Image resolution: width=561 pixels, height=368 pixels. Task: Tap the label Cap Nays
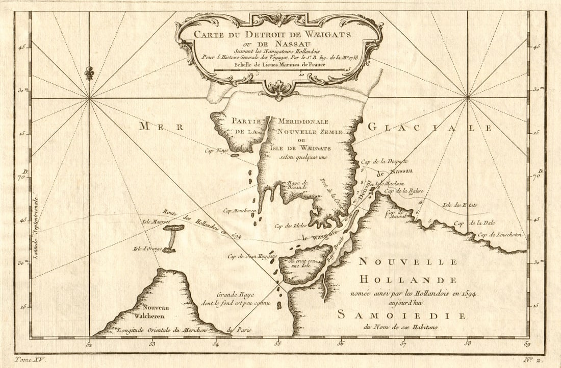[x=215, y=150]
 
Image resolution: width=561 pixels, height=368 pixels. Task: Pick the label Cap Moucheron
[x=239, y=210]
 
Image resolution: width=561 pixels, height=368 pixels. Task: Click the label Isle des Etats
[x=460, y=205]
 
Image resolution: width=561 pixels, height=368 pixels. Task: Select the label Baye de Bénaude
[x=298, y=185]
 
